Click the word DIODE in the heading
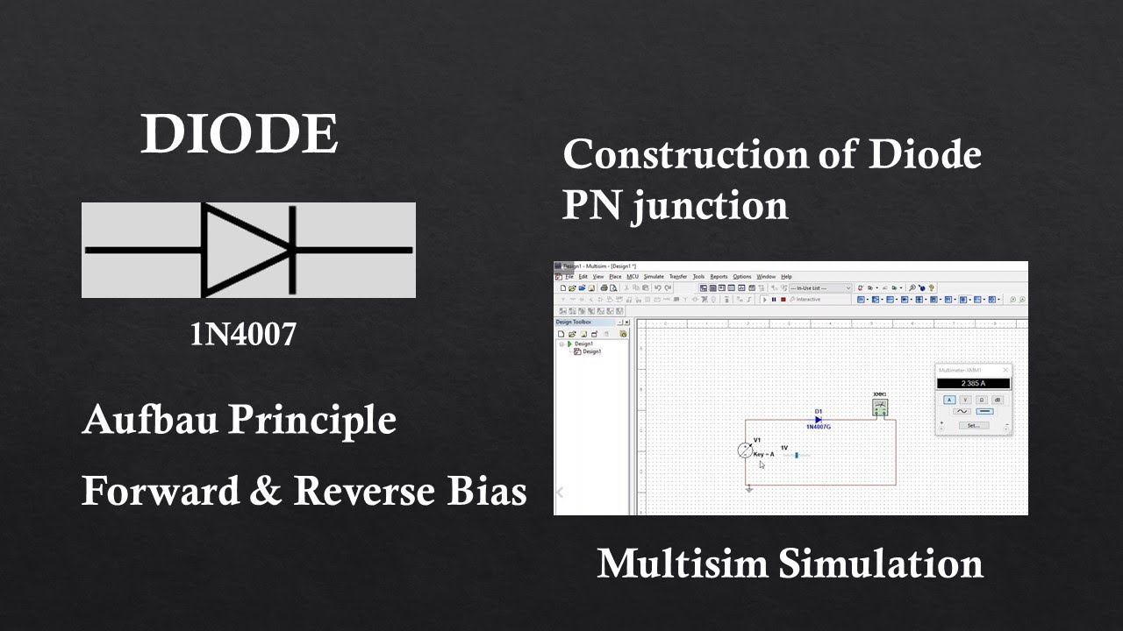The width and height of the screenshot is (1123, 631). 239,134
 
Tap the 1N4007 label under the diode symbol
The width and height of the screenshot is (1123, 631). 243,334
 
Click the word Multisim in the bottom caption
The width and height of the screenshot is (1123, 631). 680,563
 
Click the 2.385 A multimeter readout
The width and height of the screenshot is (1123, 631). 973,384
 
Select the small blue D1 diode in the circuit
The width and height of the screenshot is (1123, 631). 818,420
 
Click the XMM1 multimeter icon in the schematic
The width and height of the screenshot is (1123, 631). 880,408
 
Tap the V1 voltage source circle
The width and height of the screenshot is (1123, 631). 745,450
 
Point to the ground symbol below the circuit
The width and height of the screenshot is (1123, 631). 749,490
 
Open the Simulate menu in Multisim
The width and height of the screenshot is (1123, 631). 654,277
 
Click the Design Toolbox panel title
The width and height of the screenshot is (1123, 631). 575,323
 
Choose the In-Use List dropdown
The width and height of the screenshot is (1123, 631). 820,288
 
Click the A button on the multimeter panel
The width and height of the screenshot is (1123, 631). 949,400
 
